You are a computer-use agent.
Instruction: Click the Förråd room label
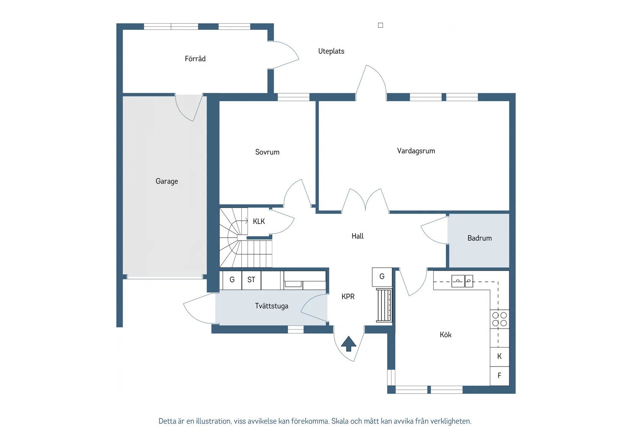195,59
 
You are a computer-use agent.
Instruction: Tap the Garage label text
167,181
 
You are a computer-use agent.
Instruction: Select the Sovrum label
267,152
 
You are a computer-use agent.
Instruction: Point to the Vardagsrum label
416,151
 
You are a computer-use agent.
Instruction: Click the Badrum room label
479,238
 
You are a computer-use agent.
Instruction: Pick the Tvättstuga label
271,306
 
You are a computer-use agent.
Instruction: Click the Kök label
445,335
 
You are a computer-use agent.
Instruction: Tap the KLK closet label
259,222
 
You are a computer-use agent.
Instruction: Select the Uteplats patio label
331,51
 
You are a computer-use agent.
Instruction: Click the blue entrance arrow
349,343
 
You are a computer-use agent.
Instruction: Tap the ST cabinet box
251,280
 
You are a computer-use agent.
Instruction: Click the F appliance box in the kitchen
499,376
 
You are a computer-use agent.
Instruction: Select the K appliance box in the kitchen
499,357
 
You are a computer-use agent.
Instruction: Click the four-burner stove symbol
499,319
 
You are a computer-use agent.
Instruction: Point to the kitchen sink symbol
462,281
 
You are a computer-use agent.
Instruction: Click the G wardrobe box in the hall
382,277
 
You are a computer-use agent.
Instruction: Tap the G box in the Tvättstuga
232,280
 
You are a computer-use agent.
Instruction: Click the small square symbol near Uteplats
380,25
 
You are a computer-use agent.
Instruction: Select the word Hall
357,236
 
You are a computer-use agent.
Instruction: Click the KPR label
348,297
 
